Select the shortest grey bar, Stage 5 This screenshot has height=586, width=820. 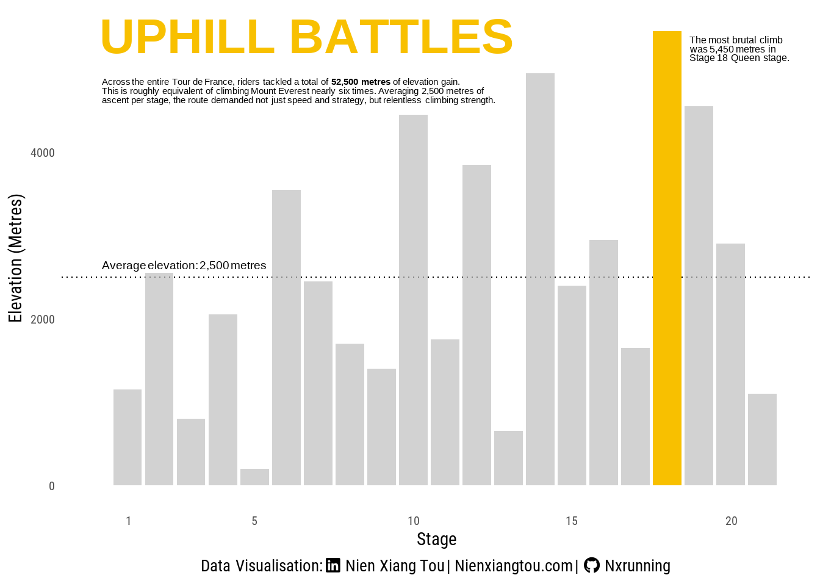click(x=254, y=477)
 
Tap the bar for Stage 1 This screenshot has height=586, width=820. click(x=128, y=437)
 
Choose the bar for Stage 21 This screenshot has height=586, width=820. click(x=762, y=440)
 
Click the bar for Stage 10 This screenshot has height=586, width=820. click(x=413, y=300)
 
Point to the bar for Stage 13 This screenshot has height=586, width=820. click(x=508, y=458)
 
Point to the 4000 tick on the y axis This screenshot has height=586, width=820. click(x=43, y=153)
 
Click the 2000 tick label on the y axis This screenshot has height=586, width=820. click(x=43, y=319)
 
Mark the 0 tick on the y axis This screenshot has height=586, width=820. click(x=52, y=486)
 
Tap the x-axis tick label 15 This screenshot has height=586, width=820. click(x=571, y=521)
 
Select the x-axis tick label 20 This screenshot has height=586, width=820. click(x=731, y=521)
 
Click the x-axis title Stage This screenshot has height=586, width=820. click(x=436, y=539)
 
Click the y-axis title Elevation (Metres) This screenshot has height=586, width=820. click(x=15, y=258)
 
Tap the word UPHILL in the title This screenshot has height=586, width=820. click(x=187, y=37)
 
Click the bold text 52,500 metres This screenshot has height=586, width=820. click(x=361, y=82)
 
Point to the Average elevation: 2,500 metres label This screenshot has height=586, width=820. click(x=184, y=266)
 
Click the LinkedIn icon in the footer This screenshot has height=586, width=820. click(x=333, y=565)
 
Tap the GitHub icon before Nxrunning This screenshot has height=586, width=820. click(x=591, y=565)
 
